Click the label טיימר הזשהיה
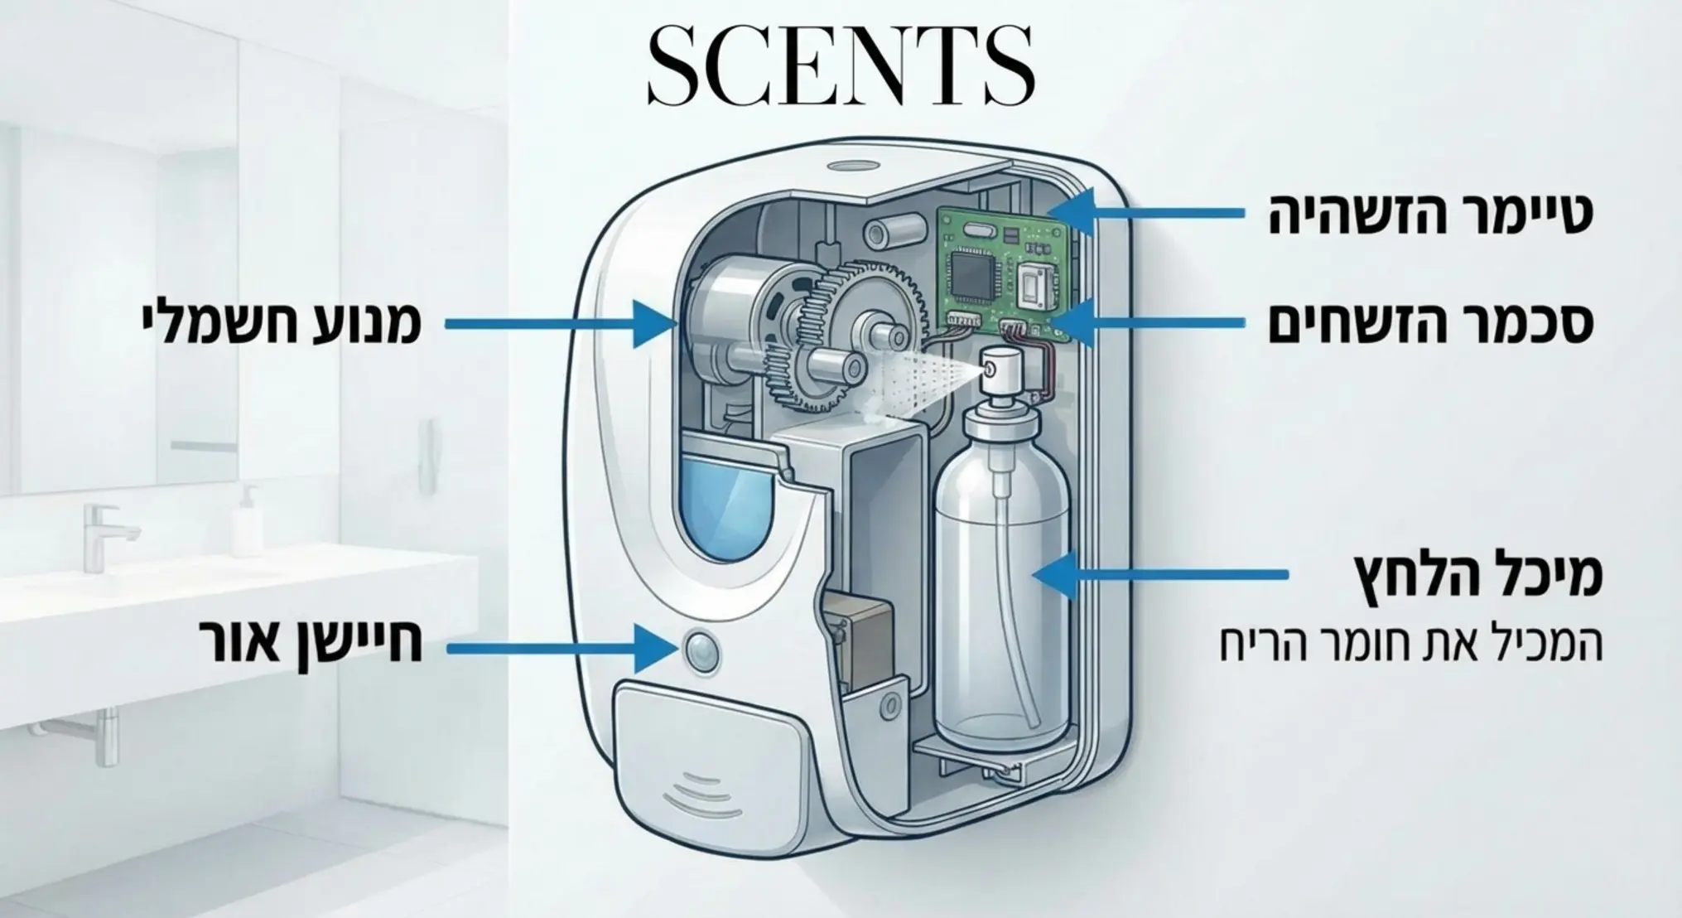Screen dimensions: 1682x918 click(x=1431, y=214)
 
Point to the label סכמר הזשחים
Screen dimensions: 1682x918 click(x=1431, y=324)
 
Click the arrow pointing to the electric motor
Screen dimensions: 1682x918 click(x=562, y=323)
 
